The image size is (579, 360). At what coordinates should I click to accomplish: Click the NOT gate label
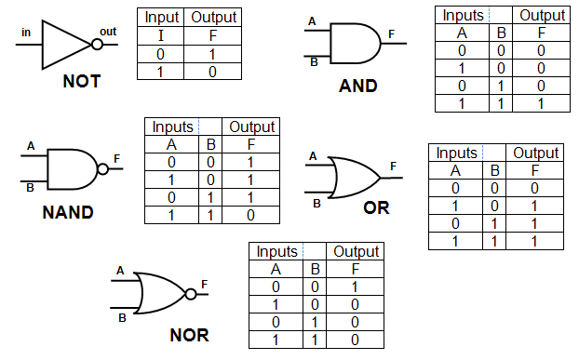point(81,82)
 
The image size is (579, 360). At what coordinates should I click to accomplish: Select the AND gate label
point(357,87)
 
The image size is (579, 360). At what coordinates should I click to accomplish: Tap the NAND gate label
point(68,212)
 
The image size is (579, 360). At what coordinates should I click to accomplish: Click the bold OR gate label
point(376,207)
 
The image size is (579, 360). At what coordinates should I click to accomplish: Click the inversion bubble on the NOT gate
point(97,43)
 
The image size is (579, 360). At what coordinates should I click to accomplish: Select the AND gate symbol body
point(355,43)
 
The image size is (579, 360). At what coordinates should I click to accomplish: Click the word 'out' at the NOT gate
point(109,32)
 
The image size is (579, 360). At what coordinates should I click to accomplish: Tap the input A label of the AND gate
point(311,20)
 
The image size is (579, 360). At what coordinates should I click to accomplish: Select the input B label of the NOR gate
point(121,316)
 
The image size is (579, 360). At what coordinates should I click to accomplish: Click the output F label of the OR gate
point(394,166)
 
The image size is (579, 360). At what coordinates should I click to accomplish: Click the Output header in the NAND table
point(251,127)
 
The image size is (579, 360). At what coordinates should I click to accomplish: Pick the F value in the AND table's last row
point(542,103)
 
